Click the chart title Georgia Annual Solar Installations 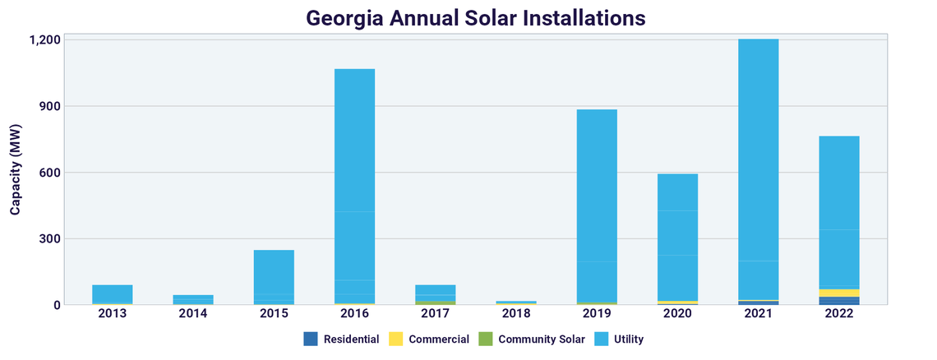(468, 17)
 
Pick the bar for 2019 (597, 205)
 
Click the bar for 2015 (274, 276)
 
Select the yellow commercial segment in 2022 (838, 293)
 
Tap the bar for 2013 (113, 294)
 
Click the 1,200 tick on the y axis (45, 39)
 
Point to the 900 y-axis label (50, 106)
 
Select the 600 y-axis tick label (50, 173)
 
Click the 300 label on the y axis (50, 239)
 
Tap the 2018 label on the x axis (516, 314)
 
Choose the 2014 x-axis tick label (193, 314)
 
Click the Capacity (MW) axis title (16, 172)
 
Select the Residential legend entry (341, 339)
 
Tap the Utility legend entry (621, 339)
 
